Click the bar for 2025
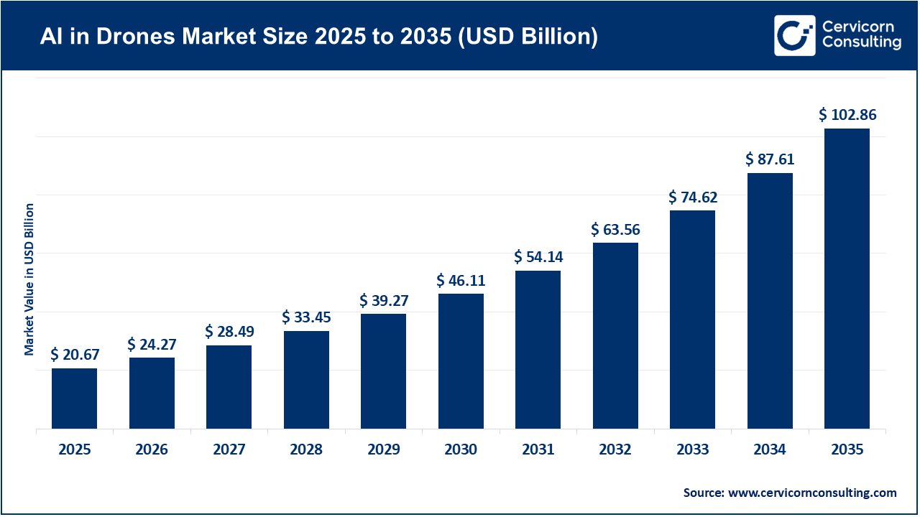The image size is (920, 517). point(74,399)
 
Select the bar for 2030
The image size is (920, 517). point(461,361)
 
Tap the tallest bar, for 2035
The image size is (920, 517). point(847,279)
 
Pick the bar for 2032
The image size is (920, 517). point(615,335)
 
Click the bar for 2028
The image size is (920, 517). point(306,380)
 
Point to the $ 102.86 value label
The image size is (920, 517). point(847,115)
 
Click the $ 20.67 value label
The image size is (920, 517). point(75,354)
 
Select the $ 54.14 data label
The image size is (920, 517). point(538,256)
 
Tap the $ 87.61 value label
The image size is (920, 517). point(770,159)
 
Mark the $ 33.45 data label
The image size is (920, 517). point(306,317)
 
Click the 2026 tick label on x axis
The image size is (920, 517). point(152,450)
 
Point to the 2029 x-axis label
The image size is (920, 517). point(383,450)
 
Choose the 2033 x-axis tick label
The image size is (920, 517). point(692,450)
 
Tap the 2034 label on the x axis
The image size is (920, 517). point(770,450)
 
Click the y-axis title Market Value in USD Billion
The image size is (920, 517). point(29,279)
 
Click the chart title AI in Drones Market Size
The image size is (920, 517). point(318,37)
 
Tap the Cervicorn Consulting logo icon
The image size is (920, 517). point(794,35)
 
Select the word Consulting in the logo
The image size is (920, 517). point(862,43)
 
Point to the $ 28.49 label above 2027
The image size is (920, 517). point(229,331)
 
